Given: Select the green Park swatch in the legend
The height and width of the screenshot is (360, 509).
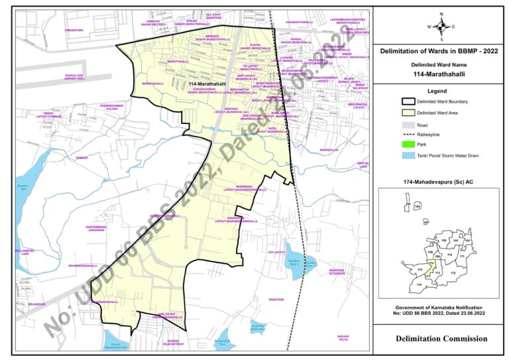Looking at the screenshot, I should point(407,145).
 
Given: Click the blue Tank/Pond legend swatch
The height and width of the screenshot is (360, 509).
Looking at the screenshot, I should point(407,155).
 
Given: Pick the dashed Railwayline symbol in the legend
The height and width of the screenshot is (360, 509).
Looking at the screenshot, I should point(407,134).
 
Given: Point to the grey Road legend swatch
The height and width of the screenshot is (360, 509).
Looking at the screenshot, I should point(407,124).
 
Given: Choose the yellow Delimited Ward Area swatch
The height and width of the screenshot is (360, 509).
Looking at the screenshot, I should point(407,113).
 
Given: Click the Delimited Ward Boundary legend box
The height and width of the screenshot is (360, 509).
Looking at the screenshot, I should point(407,101).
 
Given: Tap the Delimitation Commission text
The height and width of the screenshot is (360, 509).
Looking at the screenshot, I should point(441,339).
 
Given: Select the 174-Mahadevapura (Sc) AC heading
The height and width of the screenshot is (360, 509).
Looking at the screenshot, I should point(441,180).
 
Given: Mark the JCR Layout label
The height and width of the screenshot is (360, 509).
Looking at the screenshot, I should point(276,253).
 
